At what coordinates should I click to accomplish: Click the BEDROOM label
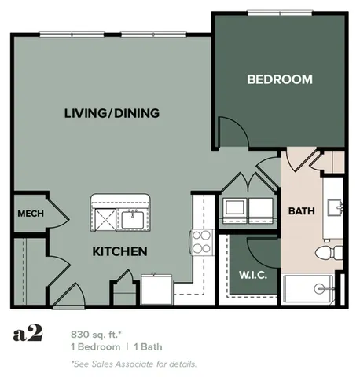(x=279, y=79)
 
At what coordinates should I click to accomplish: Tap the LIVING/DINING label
(x=112, y=113)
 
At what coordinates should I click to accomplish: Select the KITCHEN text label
(x=120, y=252)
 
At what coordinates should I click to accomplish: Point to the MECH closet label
(x=30, y=214)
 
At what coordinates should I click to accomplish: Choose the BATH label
(x=301, y=210)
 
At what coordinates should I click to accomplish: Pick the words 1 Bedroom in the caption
(x=94, y=347)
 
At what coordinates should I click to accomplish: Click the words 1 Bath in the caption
(x=147, y=347)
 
